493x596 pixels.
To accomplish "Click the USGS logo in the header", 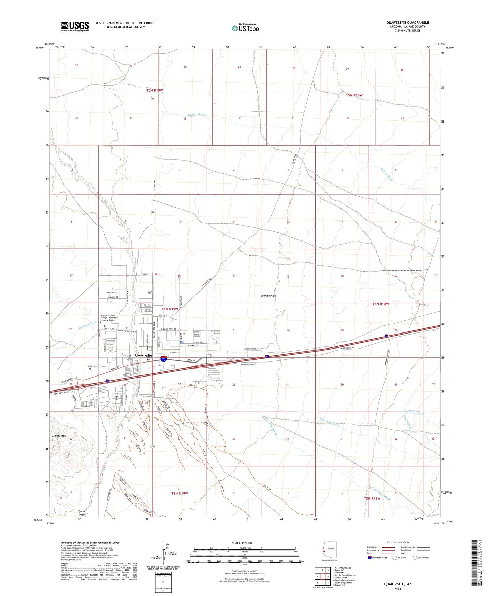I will pos(75,26).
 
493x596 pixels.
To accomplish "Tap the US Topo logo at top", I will pos(245,28).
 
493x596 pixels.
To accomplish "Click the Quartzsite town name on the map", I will pos(143,355).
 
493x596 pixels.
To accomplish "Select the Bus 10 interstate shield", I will pos(164,359).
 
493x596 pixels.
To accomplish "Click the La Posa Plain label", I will pos(268,296).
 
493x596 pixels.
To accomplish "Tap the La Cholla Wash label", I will pos(87,325).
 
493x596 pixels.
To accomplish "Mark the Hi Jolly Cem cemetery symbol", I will pos(90,369).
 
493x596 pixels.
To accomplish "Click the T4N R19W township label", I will pos(170,309).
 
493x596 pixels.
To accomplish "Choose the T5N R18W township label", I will pos(354,95).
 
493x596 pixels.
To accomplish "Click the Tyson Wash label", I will pos(82,513).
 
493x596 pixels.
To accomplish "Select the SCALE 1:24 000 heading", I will pos(243,543).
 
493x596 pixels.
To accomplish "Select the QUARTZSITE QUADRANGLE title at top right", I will pos(407,23).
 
